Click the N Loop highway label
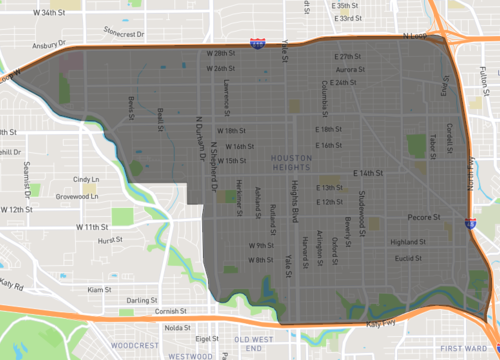pos(414,37)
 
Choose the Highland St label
pos(407,242)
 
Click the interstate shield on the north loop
pos(258,43)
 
